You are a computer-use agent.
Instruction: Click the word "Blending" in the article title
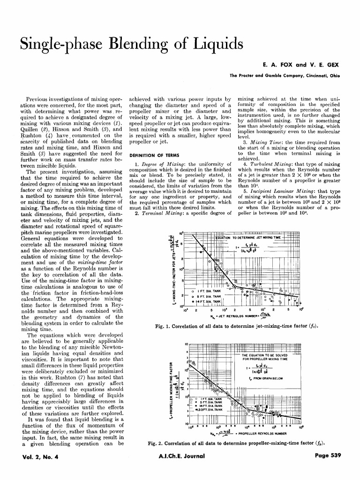click(x=153, y=45)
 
